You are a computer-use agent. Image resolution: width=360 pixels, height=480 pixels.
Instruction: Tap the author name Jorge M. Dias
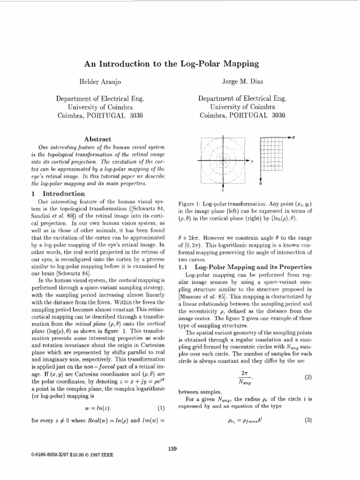click(x=242, y=82)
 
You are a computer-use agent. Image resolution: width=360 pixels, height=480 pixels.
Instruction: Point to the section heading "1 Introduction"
click(x=59, y=194)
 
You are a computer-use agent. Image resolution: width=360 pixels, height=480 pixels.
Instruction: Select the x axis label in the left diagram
click(x=252, y=161)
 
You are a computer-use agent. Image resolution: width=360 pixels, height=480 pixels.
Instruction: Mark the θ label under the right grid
click(x=260, y=184)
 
